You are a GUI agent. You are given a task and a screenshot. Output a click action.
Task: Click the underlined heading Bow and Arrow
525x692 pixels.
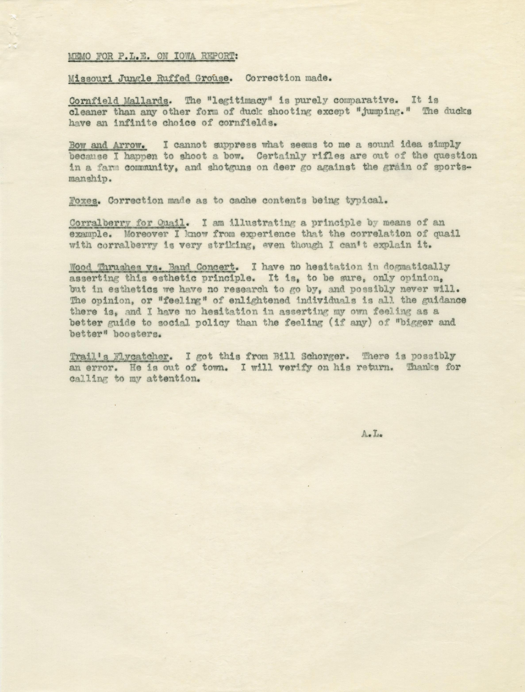pos(108,146)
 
